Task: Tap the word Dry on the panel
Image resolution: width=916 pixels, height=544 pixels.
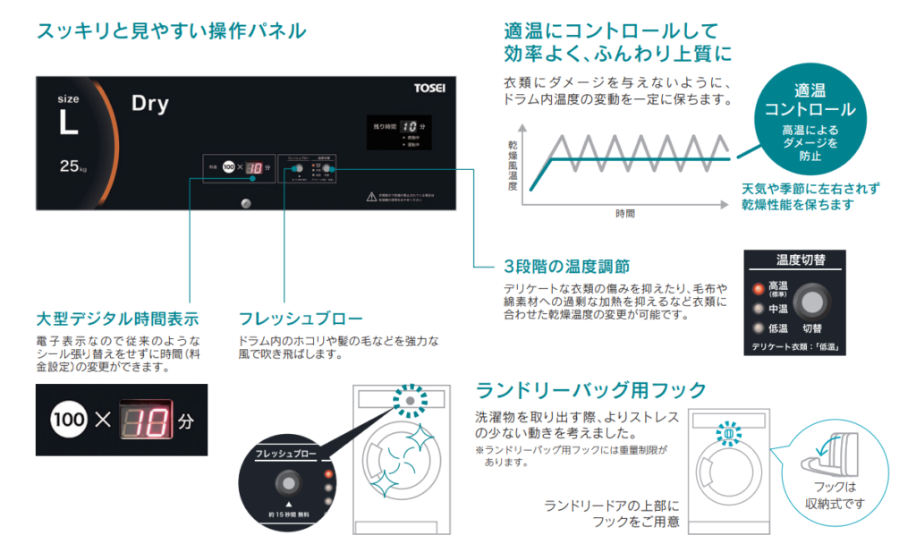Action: click(149, 104)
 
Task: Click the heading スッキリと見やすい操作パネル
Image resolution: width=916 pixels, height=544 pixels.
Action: click(171, 31)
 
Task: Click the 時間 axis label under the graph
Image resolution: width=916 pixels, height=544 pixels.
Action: click(624, 214)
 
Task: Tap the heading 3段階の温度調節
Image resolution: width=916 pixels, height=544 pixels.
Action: click(565, 267)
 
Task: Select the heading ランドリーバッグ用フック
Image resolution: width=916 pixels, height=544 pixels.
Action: click(591, 390)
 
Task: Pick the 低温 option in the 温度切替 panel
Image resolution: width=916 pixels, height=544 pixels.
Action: click(776, 328)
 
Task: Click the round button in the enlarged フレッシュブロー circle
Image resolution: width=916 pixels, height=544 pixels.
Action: click(288, 484)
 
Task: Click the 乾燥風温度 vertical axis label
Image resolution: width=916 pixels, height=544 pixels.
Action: click(512, 166)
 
